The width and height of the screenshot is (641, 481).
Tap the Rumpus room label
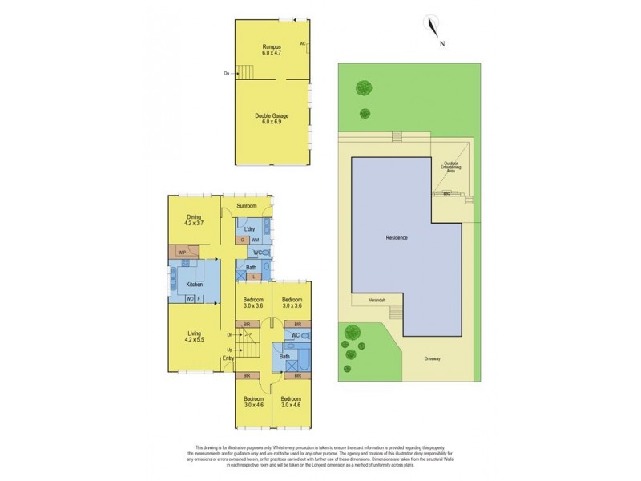pyautogui.click(x=272, y=50)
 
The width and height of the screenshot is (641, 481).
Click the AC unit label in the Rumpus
pyautogui.click(x=304, y=43)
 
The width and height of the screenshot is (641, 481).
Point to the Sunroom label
pyautogui.click(x=247, y=206)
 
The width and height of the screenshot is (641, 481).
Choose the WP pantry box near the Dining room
pyautogui.click(x=183, y=252)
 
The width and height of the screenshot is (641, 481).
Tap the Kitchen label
pyautogui.click(x=195, y=285)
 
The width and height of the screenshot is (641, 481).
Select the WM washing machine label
pyautogui.click(x=255, y=240)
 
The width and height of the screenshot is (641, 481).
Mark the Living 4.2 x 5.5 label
pyautogui.click(x=193, y=336)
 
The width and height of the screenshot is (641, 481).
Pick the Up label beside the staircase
pyautogui.click(x=230, y=350)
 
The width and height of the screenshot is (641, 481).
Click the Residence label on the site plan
pyautogui.click(x=397, y=238)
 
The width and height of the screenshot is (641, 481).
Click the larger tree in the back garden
pyautogui.click(x=365, y=88)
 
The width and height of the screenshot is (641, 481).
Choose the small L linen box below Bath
pyautogui.click(x=253, y=277)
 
